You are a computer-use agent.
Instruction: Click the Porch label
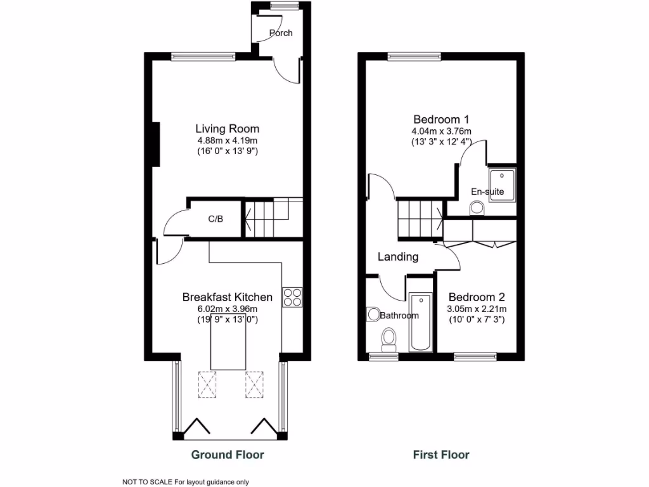click(281, 33)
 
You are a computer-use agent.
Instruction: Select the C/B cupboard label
click(215, 219)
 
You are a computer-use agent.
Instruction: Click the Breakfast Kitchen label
click(227, 297)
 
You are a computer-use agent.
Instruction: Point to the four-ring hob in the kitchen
click(293, 297)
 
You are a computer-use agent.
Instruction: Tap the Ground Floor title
click(228, 455)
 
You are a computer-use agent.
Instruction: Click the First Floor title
click(441, 455)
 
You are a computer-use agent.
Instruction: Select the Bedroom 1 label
click(441, 119)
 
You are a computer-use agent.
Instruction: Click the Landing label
click(398, 257)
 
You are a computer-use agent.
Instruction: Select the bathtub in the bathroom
click(420, 322)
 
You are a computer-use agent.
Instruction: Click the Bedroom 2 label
click(477, 297)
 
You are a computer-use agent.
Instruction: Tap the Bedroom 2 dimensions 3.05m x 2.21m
click(477, 309)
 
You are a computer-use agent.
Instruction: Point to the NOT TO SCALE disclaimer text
click(181, 482)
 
